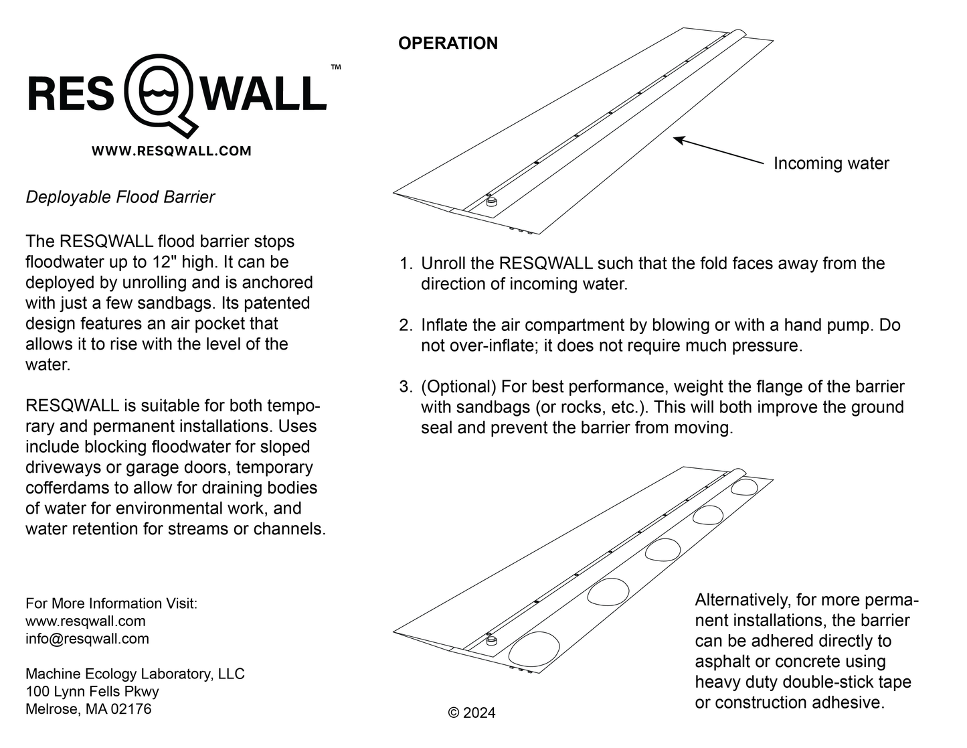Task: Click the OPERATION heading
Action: (x=448, y=44)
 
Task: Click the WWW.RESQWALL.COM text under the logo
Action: (x=171, y=151)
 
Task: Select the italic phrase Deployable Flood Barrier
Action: (x=120, y=197)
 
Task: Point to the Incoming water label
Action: (x=830, y=163)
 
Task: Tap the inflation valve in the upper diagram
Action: (x=492, y=202)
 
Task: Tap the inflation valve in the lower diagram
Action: (x=492, y=640)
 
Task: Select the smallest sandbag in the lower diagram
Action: (x=744, y=487)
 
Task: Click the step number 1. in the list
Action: (x=406, y=264)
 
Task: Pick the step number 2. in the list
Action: (x=406, y=325)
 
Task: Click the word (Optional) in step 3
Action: (x=458, y=387)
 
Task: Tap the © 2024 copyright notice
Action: (x=472, y=713)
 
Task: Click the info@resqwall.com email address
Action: (x=87, y=639)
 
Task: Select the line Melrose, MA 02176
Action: (x=88, y=708)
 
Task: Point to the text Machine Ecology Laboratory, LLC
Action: (x=135, y=674)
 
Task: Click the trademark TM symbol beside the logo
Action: (x=336, y=67)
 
